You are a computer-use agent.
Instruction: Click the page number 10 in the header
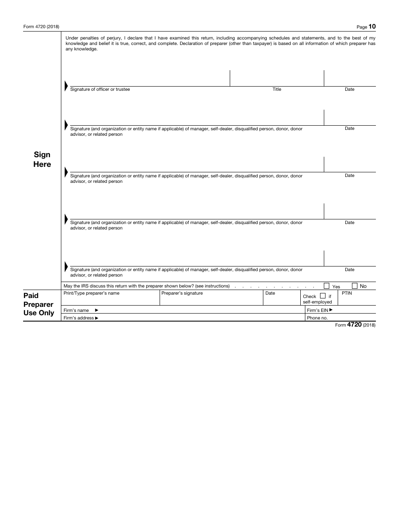(x=372, y=26)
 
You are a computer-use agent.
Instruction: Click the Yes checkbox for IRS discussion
(x=327, y=286)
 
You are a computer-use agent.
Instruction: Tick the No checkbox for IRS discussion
(x=354, y=286)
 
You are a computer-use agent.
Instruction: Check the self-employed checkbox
(x=323, y=295)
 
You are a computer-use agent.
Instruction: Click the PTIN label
(x=346, y=293)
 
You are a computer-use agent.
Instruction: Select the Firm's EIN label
(x=320, y=310)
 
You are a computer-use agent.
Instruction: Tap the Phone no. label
(x=317, y=318)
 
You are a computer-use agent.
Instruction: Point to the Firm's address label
(x=81, y=318)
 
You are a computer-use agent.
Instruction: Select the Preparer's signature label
(x=182, y=293)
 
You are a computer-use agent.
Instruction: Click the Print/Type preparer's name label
(x=91, y=293)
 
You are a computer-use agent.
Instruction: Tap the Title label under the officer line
(x=277, y=89)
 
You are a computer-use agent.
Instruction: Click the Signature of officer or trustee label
(x=100, y=89)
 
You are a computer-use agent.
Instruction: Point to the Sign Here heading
(x=42, y=160)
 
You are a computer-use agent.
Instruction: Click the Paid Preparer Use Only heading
(x=39, y=304)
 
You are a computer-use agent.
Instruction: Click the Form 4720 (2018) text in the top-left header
(x=41, y=27)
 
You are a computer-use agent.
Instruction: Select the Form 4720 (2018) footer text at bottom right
(x=355, y=325)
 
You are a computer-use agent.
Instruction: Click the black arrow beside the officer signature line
(x=66, y=86)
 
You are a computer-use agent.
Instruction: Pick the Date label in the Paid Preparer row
(x=270, y=293)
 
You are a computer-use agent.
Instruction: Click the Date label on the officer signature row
(x=349, y=89)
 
